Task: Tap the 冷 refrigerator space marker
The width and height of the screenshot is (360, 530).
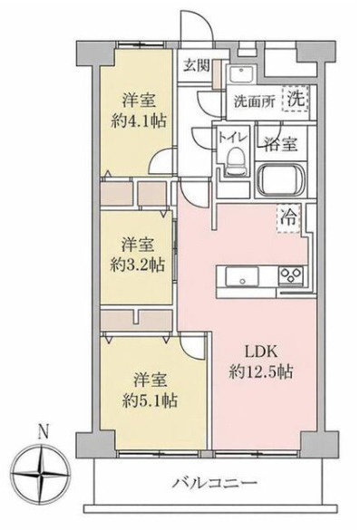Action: [x=287, y=217]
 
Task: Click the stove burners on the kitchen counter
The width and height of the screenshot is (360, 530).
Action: [x=292, y=275]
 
